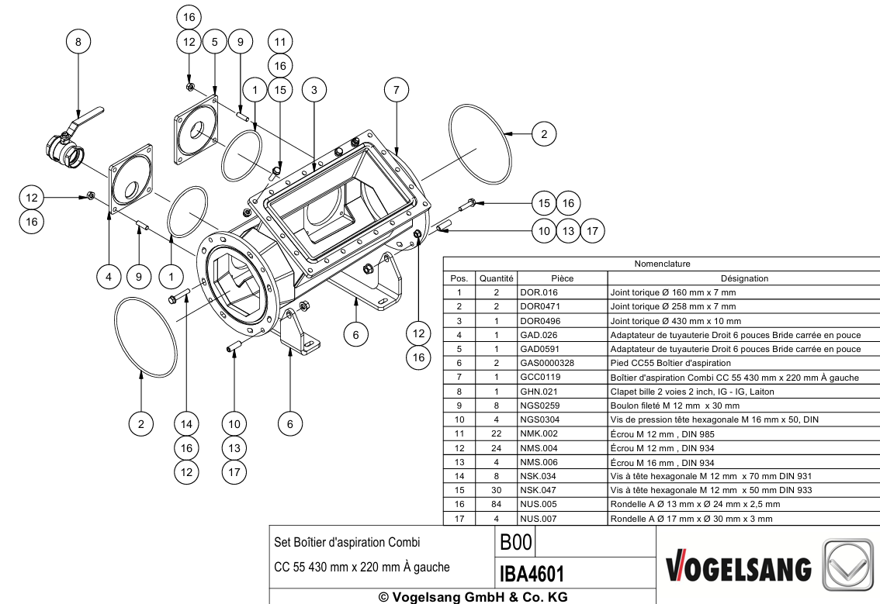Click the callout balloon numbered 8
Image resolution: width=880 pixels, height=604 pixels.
78,42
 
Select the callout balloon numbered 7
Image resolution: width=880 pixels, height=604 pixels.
397,90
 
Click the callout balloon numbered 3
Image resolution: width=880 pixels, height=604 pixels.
314,90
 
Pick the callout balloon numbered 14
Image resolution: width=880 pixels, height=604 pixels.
186,424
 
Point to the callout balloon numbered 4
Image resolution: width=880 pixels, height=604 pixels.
109,277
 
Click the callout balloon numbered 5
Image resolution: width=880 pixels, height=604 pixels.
215,42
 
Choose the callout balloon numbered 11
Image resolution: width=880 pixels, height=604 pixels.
280,42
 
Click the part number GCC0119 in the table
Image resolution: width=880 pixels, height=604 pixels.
540,377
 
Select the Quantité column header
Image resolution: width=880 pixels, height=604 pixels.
496,278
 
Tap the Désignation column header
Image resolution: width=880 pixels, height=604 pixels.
744,278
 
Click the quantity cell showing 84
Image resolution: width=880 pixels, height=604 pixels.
496,504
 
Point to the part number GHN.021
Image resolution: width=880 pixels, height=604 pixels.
539,392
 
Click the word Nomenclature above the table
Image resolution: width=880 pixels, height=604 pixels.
662,264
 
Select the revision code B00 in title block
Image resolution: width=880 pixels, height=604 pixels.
516,542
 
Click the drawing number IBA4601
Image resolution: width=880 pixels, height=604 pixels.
532,574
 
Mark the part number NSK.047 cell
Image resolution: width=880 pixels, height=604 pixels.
539,490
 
